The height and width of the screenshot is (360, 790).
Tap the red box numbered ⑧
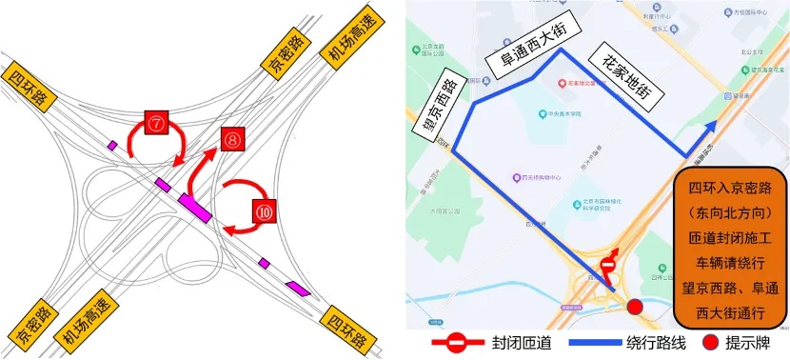click(232, 139)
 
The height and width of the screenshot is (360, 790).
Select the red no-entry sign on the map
click(607, 270)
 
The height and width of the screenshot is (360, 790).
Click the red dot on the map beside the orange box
click(636, 306)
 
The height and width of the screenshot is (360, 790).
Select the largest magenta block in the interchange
click(193, 205)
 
